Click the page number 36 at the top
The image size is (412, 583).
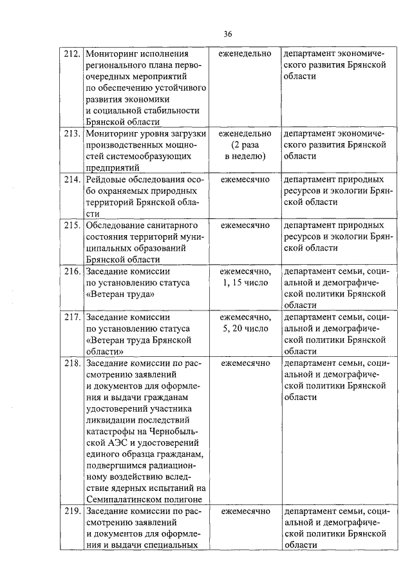click(227, 33)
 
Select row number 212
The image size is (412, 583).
click(72, 53)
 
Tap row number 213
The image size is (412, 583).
click(72, 133)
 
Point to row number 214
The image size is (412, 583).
click(72, 179)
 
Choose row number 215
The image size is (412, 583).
click(72, 225)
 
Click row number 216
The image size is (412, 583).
click(72, 271)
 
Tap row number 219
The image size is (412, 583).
click(72, 511)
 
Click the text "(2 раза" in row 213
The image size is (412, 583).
click(245, 145)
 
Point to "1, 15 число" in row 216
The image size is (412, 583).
click(245, 283)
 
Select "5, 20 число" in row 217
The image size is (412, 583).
click(245, 329)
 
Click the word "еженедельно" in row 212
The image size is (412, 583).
click(245, 53)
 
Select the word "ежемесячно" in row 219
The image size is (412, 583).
click(245, 511)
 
